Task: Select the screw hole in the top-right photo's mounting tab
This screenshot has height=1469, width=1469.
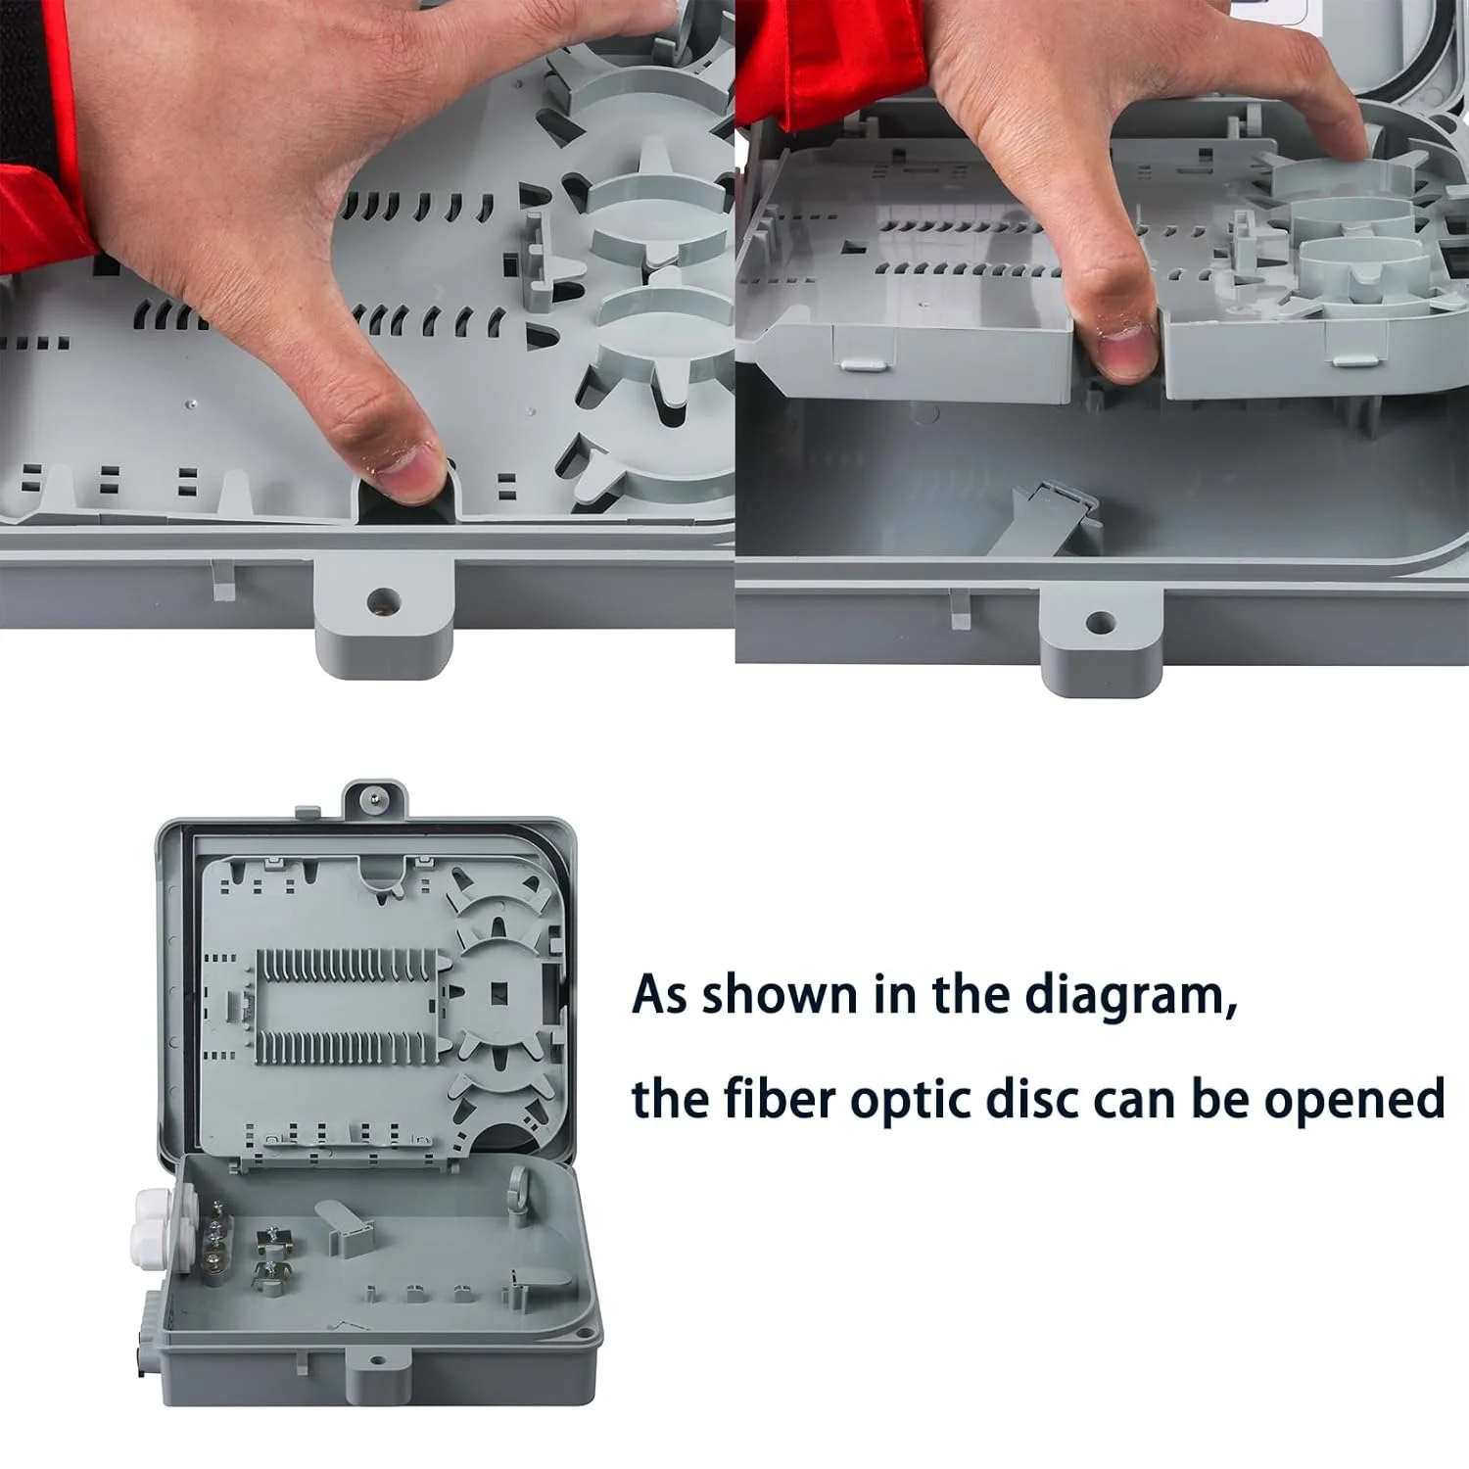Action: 1101,621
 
